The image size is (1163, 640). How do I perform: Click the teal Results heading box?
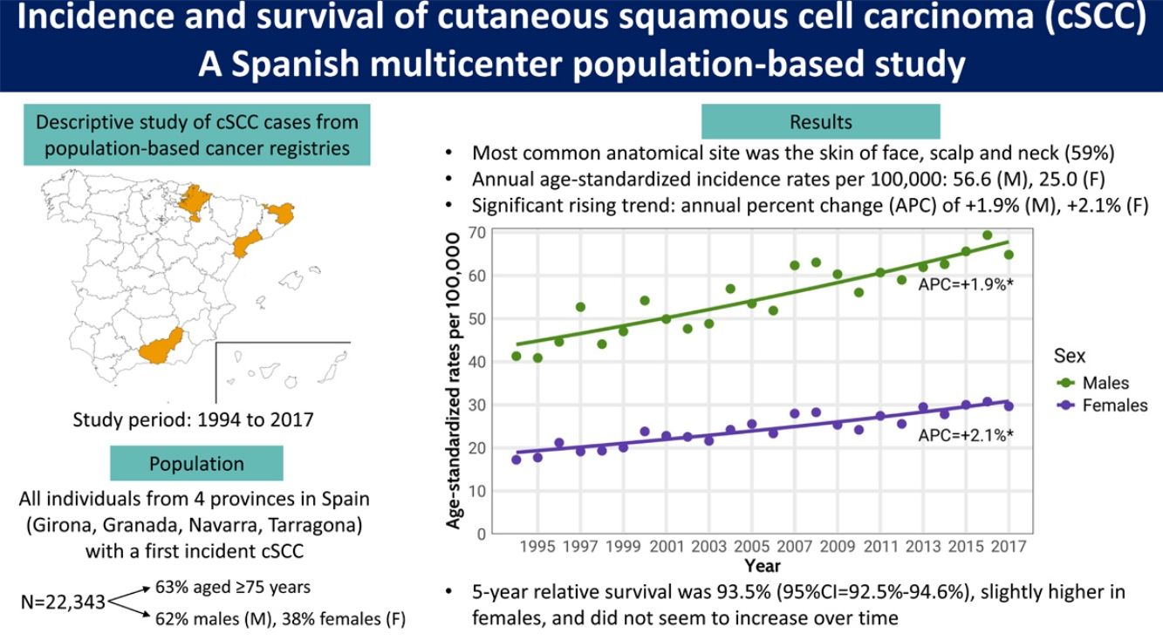tap(820, 122)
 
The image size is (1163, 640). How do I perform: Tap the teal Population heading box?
tap(196, 463)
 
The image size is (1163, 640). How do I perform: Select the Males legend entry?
tap(1105, 383)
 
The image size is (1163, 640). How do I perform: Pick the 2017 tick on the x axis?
tap(1009, 547)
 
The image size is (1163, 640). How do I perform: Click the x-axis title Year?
tap(763, 566)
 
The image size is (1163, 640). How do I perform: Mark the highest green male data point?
tap(987, 235)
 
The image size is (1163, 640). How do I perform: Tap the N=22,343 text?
tap(62, 602)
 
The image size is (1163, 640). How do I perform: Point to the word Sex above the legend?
tap(1071, 357)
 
